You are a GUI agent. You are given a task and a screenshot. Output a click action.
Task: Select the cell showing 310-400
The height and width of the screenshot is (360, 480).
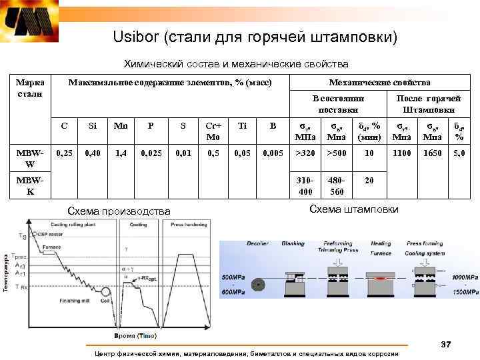(306, 186)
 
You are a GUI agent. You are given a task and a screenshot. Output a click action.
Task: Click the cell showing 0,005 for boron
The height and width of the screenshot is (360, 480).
(272, 153)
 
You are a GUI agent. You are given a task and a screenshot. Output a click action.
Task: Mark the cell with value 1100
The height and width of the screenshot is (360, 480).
(401, 153)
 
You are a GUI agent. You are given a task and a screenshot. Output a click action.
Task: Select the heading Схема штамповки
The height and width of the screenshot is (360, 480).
(354, 209)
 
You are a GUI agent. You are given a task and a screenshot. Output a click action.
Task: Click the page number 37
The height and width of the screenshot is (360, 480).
(446, 344)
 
